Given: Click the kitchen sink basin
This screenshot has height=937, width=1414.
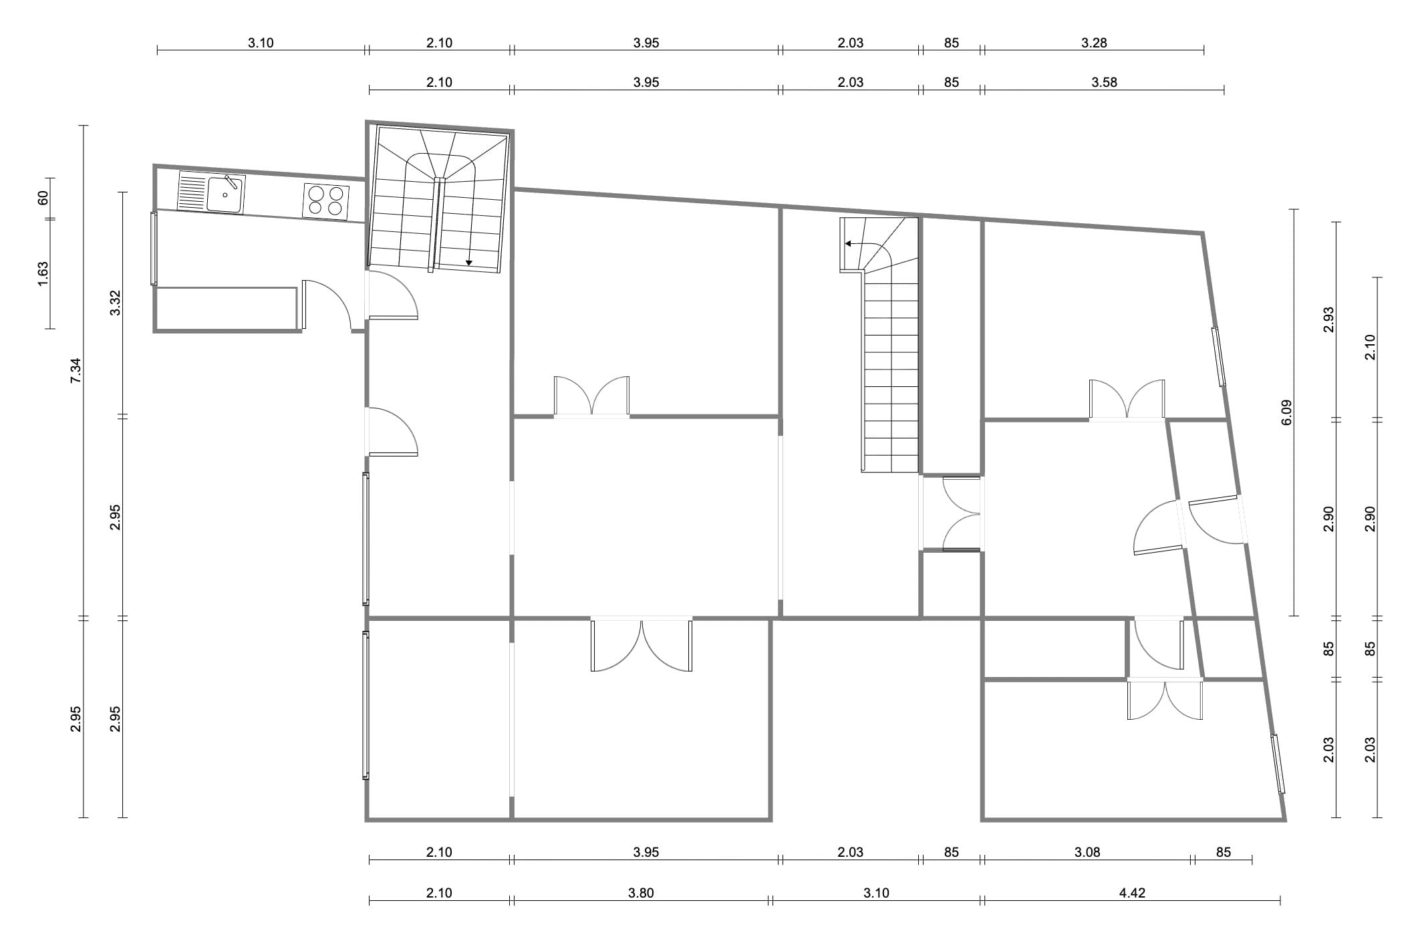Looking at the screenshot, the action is point(225,194).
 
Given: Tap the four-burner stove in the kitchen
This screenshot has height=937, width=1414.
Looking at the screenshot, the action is point(325,201).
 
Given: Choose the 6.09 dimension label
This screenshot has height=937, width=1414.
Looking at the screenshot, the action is point(1288,412).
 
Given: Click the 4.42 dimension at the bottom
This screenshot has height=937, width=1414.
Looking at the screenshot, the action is point(1132,893).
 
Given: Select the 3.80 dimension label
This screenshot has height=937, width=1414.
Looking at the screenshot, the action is point(641,893).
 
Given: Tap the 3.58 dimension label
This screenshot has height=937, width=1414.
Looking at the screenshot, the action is point(1104,82).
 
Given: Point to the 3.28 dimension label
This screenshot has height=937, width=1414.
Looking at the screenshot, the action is point(1094,43).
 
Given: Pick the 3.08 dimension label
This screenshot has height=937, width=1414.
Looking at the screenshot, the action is point(1087,852).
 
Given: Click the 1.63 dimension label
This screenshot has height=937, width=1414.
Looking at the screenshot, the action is point(42,274).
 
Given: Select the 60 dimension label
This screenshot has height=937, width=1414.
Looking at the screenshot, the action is point(42,198).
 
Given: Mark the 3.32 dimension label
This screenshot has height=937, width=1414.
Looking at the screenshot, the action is point(115,303).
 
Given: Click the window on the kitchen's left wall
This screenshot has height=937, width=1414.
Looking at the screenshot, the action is point(154,249).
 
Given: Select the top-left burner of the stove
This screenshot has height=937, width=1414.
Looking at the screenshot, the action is point(316,194).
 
